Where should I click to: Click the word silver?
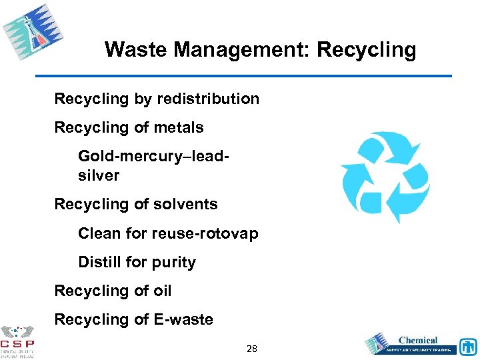click(x=99, y=175)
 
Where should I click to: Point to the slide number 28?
click(x=252, y=349)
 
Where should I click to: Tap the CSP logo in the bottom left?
click(x=17, y=340)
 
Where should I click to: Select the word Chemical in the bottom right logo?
click(x=418, y=340)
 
